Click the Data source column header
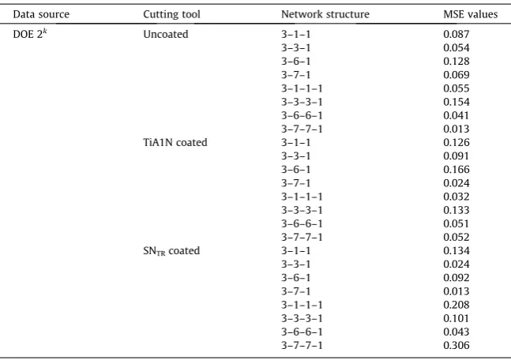click(x=41, y=14)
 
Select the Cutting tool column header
click(x=171, y=14)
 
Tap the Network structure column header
click(x=325, y=14)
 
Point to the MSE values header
click(x=470, y=14)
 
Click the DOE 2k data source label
click(x=30, y=34)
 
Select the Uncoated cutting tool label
click(x=166, y=34)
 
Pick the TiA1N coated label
click(x=175, y=142)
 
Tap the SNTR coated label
click(x=171, y=251)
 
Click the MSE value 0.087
click(x=457, y=34)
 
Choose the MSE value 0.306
click(x=457, y=345)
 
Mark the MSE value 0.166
click(x=457, y=170)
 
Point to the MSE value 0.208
click(x=457, y=305)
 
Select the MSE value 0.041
click(x=457, y=115)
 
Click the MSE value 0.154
click(x=457, y=102)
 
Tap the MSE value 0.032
click(x=457, y=197)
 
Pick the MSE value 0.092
click(x=457, y=278)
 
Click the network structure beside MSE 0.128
click(x=296, y=62)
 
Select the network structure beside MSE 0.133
click(x=302, y=210)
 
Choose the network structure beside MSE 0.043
click(x=302, y=332)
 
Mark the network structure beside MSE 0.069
click(x=296, y=75)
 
